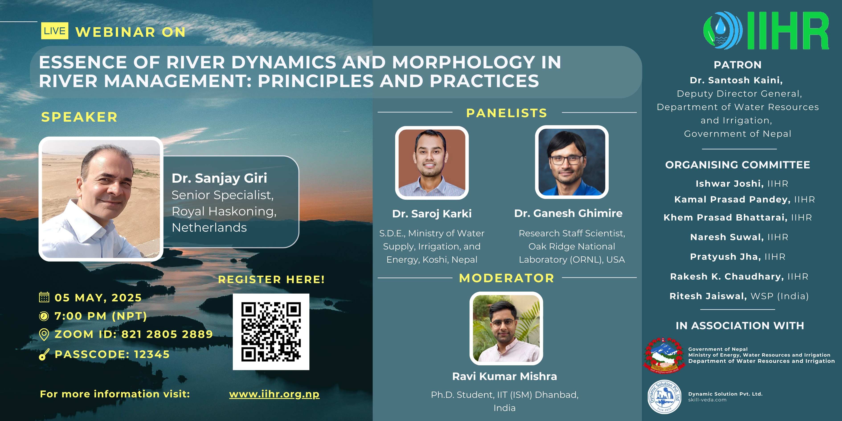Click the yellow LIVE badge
click(55, 31)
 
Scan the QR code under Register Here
click(271, 332)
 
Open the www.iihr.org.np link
click(274, 394)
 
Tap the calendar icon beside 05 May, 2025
click(44, 297)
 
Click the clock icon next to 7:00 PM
click(44, 316)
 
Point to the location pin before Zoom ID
click(44, 334)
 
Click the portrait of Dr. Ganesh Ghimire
click(572, 162)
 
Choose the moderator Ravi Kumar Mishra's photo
click(506, 328)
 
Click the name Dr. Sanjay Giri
click(219, 178)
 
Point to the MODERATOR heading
click(507, 278)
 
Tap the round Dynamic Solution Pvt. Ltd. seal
click(664, 397)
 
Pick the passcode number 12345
click(152, 354)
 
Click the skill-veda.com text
click(707, 400)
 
